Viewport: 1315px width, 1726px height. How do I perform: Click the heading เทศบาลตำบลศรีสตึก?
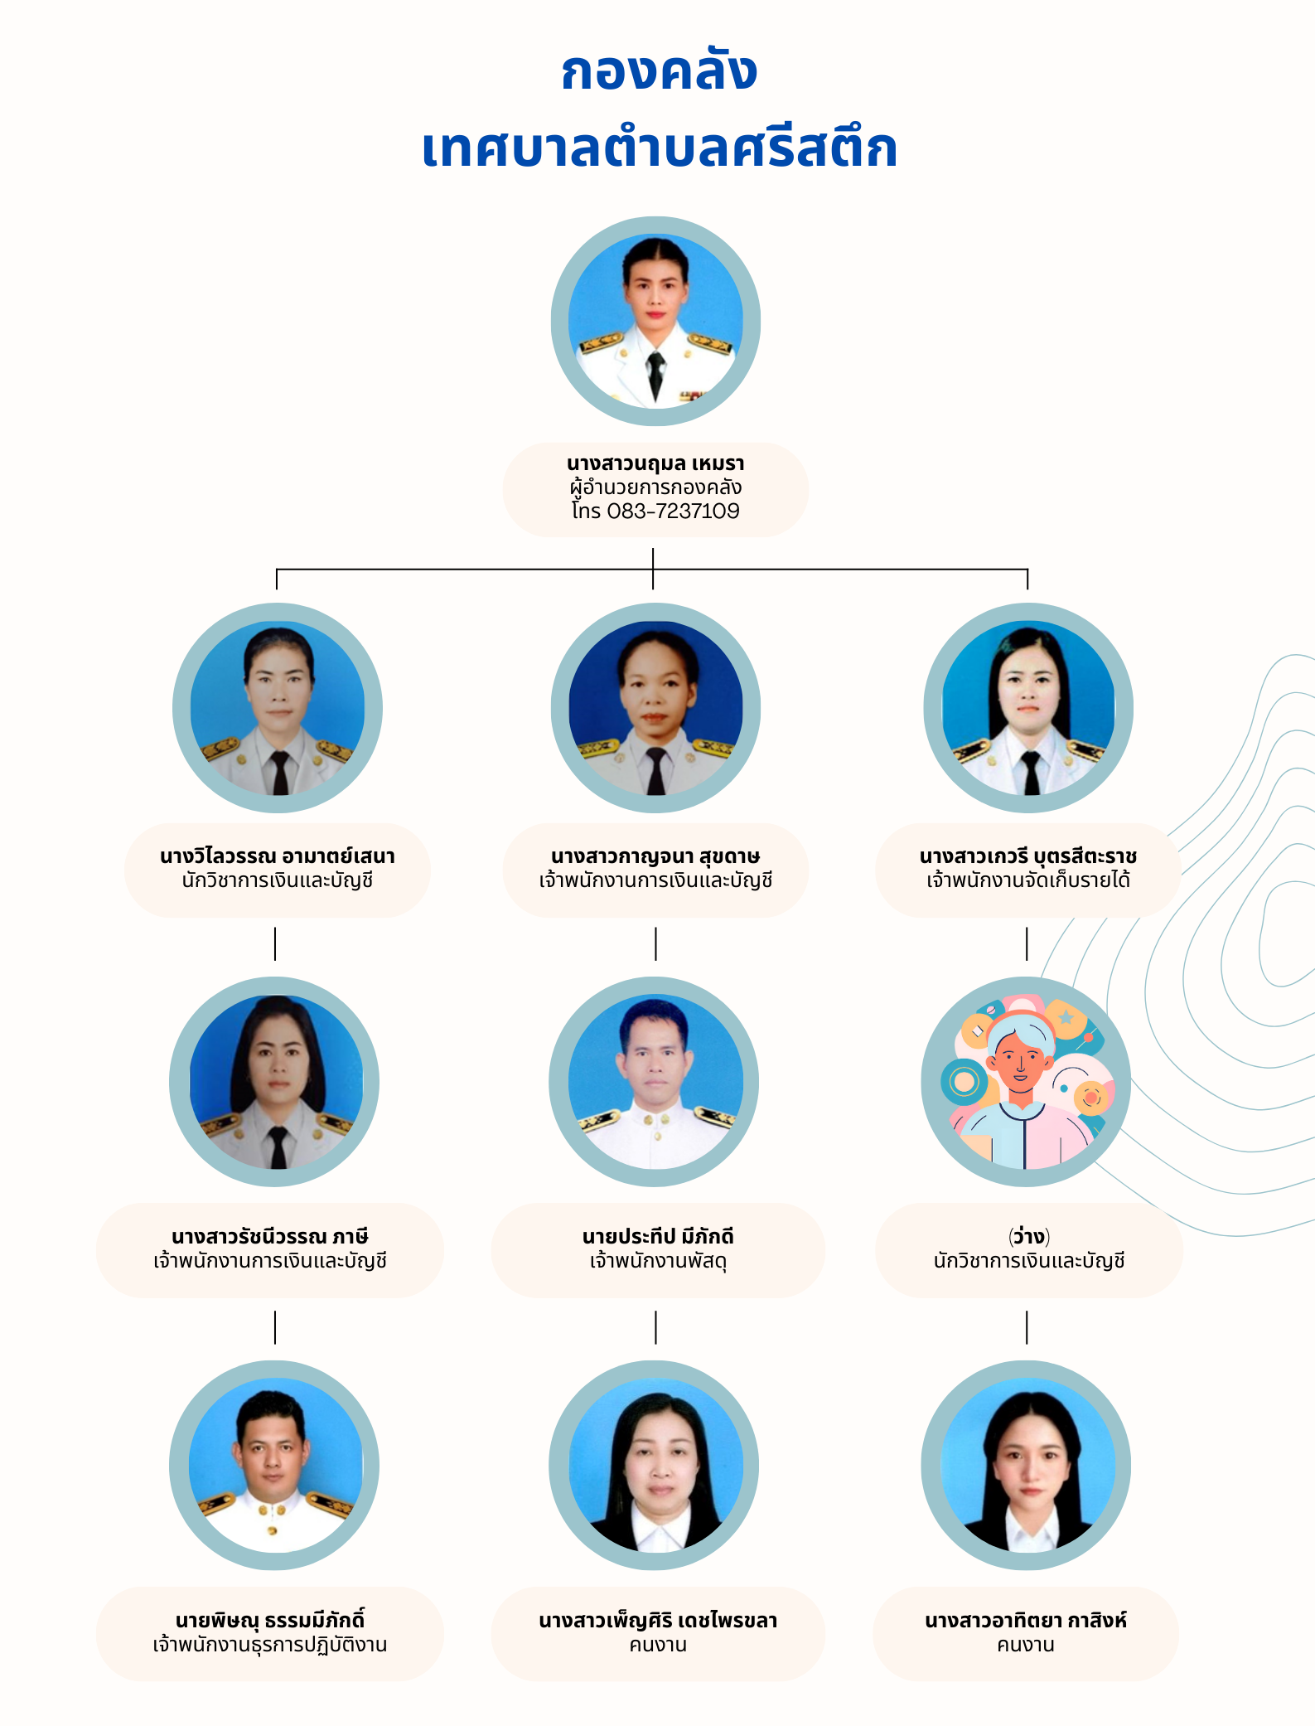coord(660,147)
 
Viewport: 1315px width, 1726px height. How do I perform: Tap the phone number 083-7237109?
coord(673,511)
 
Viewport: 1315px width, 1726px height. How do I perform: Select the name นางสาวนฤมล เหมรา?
coord(655,463)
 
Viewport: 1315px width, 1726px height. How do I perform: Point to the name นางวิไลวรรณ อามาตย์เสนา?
coord(278,856)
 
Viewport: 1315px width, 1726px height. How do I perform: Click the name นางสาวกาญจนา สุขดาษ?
coord(655,856)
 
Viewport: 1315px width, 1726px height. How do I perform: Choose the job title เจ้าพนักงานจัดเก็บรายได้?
coord(1028,880)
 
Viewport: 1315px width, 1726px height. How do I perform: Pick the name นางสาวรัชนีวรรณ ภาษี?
coord(270,1236)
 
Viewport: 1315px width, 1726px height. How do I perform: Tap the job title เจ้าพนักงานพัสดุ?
coord(658,1261)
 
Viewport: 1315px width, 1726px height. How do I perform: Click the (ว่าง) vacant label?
coord(1029,1236)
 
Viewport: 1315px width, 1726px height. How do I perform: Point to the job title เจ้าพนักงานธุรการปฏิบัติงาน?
coord(270,1644)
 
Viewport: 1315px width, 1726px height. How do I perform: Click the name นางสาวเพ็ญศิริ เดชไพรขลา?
coord(658,1620)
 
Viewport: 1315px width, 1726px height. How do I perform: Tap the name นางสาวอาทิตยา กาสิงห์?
coord(1026,1620)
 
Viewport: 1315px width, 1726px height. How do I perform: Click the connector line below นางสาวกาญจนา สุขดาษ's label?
coord(655,943)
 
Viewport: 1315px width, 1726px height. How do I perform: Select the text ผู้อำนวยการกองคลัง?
coord(655,487)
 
